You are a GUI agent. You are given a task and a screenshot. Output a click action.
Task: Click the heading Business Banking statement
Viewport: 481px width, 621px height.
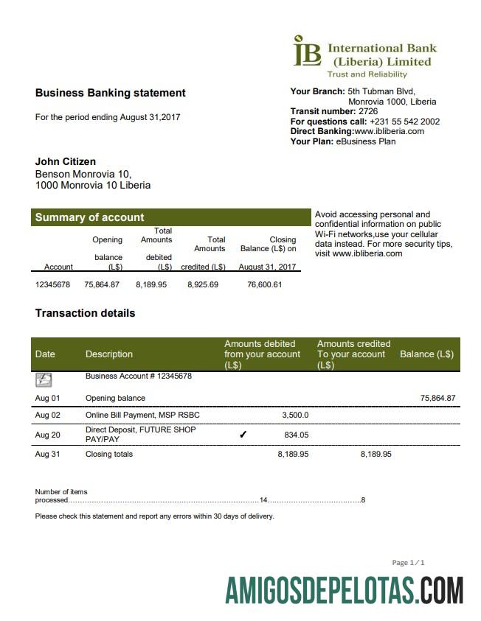pyautogui.click(x=110, y=93)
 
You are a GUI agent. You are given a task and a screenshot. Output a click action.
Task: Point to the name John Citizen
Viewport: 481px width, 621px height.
pyautogui.click(x=66, y=161)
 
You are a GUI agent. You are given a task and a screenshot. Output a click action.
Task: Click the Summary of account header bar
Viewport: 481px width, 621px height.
pyautogui.click(x=170, y=217)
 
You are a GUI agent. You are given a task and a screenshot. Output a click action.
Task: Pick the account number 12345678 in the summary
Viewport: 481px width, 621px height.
pyautogui.click(x=52, y=284)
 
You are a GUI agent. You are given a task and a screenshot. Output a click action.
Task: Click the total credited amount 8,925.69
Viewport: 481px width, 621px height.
pyautogui.click(x=203, y=284)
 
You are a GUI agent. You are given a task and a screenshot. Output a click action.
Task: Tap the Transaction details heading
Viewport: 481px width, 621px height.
pyautogui.click(x=85, y=313)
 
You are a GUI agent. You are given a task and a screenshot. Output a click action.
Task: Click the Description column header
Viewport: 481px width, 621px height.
pyautogui.click(x=109, y=354)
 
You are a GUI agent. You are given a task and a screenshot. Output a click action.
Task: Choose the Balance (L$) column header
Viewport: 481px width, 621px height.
pyautogui.click(x=426, y=354)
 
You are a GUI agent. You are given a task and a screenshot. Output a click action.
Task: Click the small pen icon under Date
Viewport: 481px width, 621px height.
pyautogui.click(x=44, y=380)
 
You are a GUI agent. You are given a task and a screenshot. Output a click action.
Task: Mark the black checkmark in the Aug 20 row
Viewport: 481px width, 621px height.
pyautogui.click(x=243, y=435)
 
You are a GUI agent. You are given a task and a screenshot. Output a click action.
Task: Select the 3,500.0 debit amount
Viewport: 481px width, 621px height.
pyautogui.click(x=295, y=415)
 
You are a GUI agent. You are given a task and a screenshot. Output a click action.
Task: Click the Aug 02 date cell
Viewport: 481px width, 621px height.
pyautogui.click(x=47, y=415)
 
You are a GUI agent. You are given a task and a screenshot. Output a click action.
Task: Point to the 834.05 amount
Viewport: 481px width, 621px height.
pyautogui.click(x=296, y=435)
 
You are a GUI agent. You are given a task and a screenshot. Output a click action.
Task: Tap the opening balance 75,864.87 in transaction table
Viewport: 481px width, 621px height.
pyautogui.click(x=437, y=398)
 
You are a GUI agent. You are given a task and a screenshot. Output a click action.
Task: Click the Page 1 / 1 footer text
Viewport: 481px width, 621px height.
pyautogui.click(x=408, y=563)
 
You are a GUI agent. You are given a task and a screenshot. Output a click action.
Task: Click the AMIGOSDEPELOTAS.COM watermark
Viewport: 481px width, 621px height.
pyautogui.click(x=345, y=591)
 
